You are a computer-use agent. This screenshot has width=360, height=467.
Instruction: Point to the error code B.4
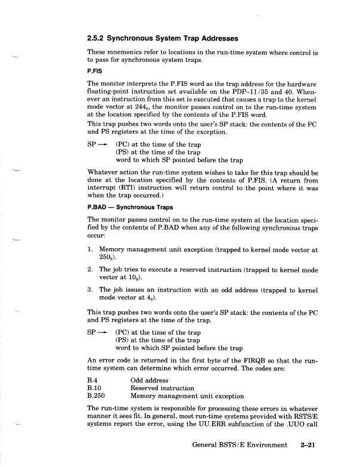click(x=93, y=380)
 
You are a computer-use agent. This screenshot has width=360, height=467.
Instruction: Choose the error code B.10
click(x=95, y=388)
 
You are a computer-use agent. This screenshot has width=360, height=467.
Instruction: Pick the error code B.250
click(x=97, y=395)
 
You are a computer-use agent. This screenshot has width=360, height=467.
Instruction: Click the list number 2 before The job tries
click(x=90, y=270)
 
